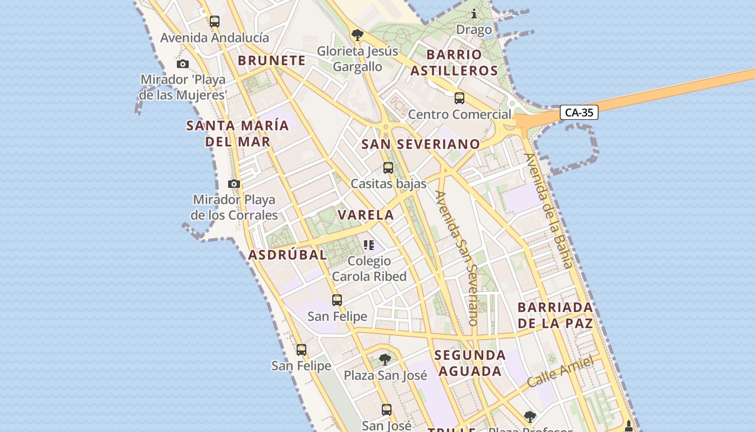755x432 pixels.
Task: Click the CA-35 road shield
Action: [579, 112]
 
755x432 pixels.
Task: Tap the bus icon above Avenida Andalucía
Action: [215, 22]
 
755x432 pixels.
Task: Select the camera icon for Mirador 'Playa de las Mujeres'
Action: [183, 64]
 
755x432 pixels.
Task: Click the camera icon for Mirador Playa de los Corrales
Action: [234, 184]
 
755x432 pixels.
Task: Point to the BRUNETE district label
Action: [272, 60]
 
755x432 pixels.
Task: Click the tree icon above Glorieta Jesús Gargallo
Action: [356, 35]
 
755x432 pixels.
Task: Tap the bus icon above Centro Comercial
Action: [459, 98]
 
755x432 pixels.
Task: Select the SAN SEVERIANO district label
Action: [421, 144]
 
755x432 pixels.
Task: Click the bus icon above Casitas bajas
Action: [388, 167]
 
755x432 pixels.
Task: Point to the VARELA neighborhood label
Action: [366, 214]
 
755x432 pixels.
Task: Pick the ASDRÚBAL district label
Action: [288, 255]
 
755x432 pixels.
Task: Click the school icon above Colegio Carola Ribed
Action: [369, 245]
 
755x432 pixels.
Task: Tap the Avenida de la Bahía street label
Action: [548, 211]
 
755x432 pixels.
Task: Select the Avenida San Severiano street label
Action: [457, 257]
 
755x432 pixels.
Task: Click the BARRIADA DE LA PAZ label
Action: [555, 315]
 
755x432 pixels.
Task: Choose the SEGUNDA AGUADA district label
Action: [470, 363]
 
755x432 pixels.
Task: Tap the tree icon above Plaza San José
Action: [385, 359]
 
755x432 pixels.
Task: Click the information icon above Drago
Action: [474, 13]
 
